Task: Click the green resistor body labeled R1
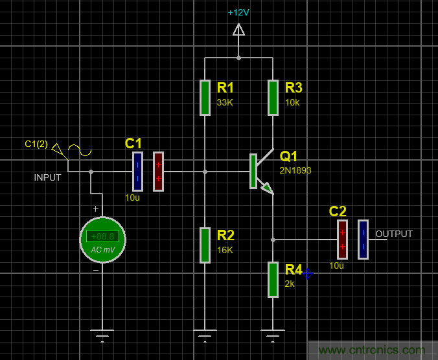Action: pos(205,98)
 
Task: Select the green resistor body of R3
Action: pos(273,98)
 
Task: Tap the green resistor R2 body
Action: pos(205,245)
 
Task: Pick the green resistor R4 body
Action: pos(273,280)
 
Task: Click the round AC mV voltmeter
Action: pos(102,240)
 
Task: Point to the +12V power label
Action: pos(238,12)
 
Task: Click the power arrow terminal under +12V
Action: pos(238,30)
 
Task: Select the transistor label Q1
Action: pos(289,156)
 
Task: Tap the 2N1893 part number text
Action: pos(295,171)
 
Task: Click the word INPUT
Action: pos(48,177)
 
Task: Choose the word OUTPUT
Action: pos(394,234)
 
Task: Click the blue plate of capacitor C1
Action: pos(137,172)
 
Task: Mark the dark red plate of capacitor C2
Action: pos(342,240)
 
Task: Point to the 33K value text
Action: pos(225,102)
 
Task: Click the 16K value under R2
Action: pos(225,250)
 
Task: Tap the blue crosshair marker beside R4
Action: pos(308,274)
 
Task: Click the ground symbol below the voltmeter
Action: pos(102,335)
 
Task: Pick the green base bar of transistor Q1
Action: pos(253,172)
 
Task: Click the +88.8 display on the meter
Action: pos(102,236)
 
